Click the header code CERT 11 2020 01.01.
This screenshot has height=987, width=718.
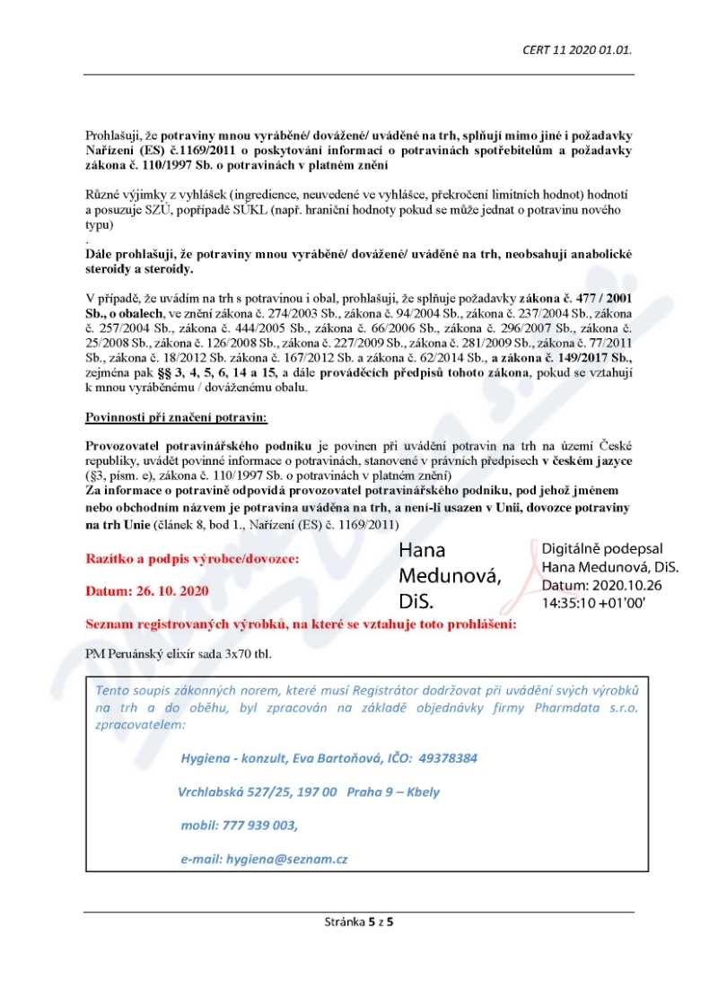[577, 49]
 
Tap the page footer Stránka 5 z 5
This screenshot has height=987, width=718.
[359, 921]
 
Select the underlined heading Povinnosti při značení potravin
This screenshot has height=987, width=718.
[163, 417]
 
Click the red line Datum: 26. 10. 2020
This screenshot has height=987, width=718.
[147, 591]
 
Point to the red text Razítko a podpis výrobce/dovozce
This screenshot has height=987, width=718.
[193, 559]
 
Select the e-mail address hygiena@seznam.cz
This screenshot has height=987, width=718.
[286, 859]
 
